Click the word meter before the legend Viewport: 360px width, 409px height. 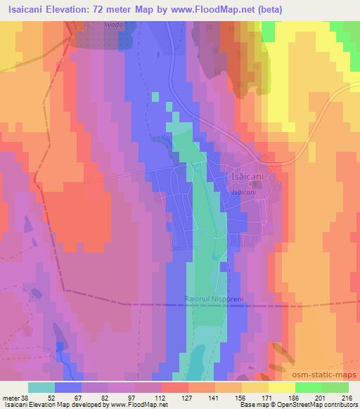pyautogui.click(x=11, y=397)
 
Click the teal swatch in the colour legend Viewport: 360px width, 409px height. pyautogui.click(x=41, y=387)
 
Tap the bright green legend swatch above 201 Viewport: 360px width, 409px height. pyautogui.click(x=309, y=387)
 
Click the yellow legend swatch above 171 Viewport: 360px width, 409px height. pyautogui.click(x=255, y=387)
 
